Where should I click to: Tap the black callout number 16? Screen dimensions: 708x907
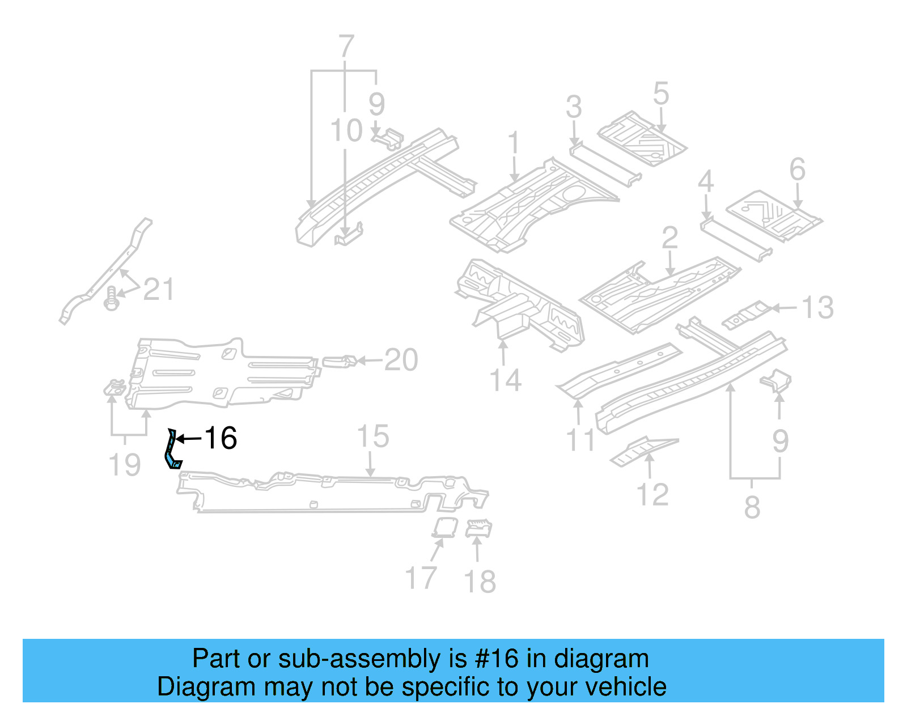pyautogui.click(x=220, y=438)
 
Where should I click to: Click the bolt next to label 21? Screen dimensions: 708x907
pyautogui.click(x=112, y=298)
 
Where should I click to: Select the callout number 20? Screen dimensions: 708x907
pyautogui.click(x=401, y=360)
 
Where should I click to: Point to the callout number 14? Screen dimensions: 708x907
pyautogui.click(x=505, y=380)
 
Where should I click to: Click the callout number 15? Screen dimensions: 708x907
pyautogui.click(x=372, y=436)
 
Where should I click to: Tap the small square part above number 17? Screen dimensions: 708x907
pyautogui.click(x=445, y=527)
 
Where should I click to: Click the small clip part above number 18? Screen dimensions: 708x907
pyautogui.click(x=478, y=528)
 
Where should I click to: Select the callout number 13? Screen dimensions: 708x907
pyautogui.click(x=817, y=308)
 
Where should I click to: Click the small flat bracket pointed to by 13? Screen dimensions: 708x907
pyautogui.click(x=747, y=314)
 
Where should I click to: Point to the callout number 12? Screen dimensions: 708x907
pyautogui.click(x=653, y=494)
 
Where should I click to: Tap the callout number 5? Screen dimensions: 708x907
pyautogui.click(x=661, y=94)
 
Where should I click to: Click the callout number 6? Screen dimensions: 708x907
pyautogui.click(x=797, y=169)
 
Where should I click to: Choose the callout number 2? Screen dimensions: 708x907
pyautogui.click(x=669, y=238)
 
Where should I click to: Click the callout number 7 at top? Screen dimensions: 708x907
pyautogui.click(x=346, y=46)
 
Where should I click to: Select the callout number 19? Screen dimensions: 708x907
pyautogui.click(x=124, y=465)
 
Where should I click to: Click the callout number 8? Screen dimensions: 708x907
pyautogui.click(x=752, y=507)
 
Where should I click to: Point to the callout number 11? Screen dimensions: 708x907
pyautogui.click(x=581, y=440)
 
